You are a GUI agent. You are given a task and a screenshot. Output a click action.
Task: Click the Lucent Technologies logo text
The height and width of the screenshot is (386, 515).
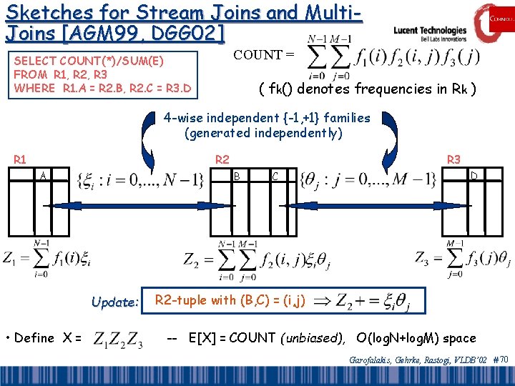pos(430,31)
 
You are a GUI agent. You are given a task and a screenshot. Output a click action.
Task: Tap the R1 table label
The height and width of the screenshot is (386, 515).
pos(21,159)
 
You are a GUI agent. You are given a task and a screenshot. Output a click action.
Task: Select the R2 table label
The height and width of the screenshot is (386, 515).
pos(222,159)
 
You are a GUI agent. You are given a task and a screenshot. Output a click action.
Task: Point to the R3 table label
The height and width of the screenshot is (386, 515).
pos(453,159)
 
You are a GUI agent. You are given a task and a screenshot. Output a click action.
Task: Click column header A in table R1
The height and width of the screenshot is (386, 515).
pos(44,176)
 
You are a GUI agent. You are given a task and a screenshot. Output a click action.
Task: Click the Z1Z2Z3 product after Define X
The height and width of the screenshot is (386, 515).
pos(119,339)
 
